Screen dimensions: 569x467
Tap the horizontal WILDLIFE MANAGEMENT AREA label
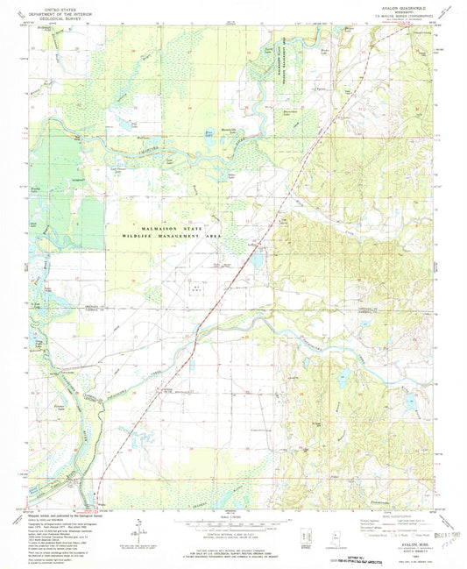click(x=172, y=237)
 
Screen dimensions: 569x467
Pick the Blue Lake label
click(x=208, y=133)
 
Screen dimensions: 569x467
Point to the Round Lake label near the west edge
click(x=36, y=188)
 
